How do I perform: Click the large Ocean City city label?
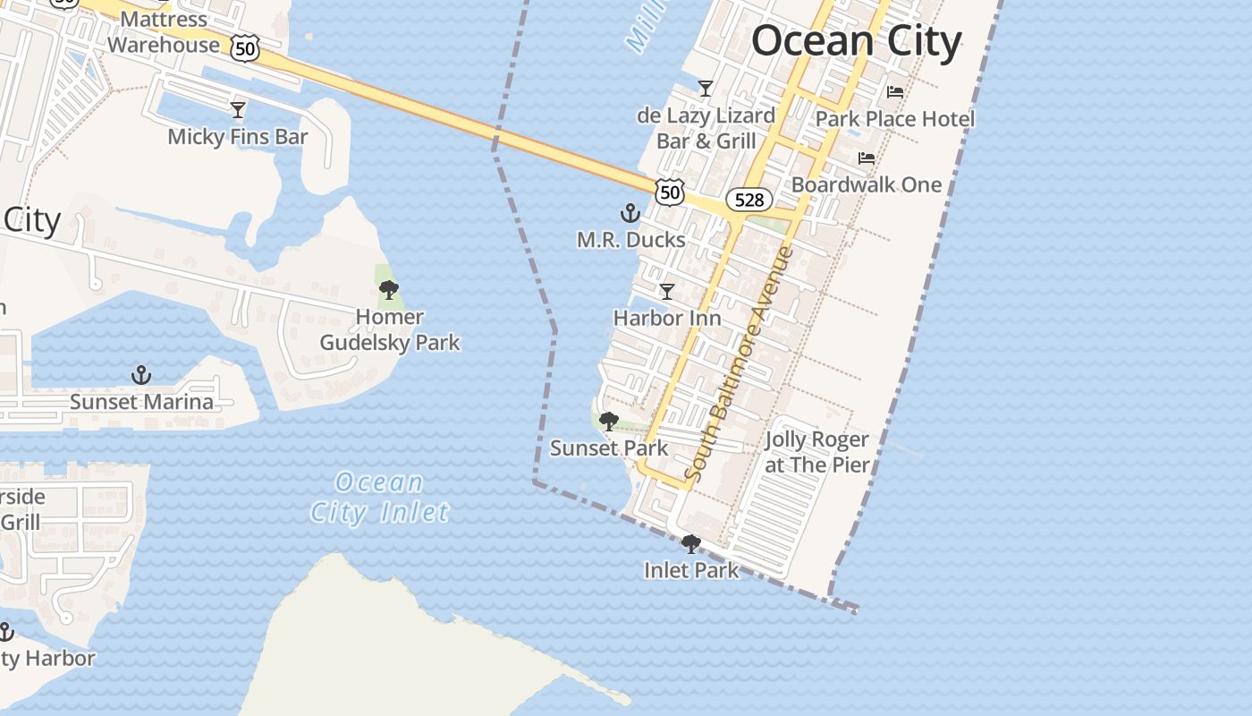point(856,41)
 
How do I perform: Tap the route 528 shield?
point(749,200)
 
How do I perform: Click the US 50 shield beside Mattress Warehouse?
point(244,47)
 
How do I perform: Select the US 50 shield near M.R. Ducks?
point(669,191)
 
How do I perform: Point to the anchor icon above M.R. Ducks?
point(630,213)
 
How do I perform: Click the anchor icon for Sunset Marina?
point(140,375)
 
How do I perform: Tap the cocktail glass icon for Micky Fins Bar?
point(238,110)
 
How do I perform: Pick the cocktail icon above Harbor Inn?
point(666,292)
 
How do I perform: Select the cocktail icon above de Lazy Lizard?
point(706,89)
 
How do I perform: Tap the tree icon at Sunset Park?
point(608,422)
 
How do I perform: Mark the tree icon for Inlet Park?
point(691,544)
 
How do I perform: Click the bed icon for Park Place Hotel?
point(894,92)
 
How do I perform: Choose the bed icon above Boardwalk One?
point(866,158)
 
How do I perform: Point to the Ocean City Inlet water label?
point(380,497)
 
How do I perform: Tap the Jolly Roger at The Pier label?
point(816,452)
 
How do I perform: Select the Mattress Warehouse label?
point(164,32)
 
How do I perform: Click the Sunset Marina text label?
point(141,402)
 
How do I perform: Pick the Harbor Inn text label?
point(666,318)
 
